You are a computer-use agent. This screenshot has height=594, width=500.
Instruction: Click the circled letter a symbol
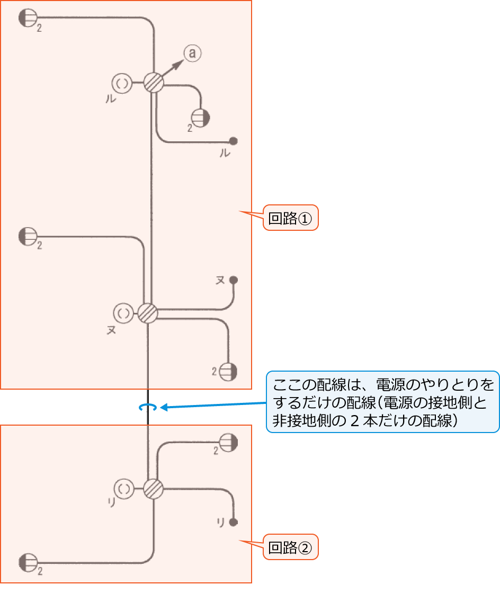pyautogui.click(x=192, y=53)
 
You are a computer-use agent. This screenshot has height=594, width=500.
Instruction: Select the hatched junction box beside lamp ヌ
pyautogui.click(x=147, y=313)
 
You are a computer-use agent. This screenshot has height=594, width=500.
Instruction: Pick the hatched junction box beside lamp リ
pyautogui.click(x=153, y=488)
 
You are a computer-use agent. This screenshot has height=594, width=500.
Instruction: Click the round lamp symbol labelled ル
pyautogui.click(x=122, y=83)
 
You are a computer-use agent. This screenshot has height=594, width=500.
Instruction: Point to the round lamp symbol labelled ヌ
pyautogui.click(x=123, y=313)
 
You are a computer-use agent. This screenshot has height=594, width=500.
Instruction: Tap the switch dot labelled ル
pyautogui.click(x=233, y=141)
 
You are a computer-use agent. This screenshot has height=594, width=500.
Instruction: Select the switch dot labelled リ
pyautogui.click(x=233, y=522)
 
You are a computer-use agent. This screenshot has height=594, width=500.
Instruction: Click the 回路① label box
pyautogui.click(x=290, y=218)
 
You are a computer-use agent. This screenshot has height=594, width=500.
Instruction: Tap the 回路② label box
pyautogui.click(x=290, y=547)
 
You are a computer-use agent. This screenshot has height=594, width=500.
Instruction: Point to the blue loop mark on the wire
pyautogui.click(x=147, y=407)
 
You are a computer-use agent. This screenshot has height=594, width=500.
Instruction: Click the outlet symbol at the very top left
pyautogui.click(x=27, y=19)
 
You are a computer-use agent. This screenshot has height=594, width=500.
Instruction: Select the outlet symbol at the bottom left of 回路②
pyautogui.click(x=27, y=562)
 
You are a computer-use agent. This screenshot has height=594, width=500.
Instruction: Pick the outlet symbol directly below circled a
pyautogui.click(x=200, y=117)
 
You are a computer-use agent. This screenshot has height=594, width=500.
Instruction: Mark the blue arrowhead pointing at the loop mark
pyautogui.click(x=163, y=407)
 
